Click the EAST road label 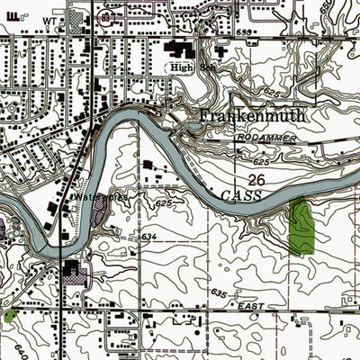coord(251,307)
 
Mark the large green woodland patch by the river coord(301,225)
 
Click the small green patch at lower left coord(10,316)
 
